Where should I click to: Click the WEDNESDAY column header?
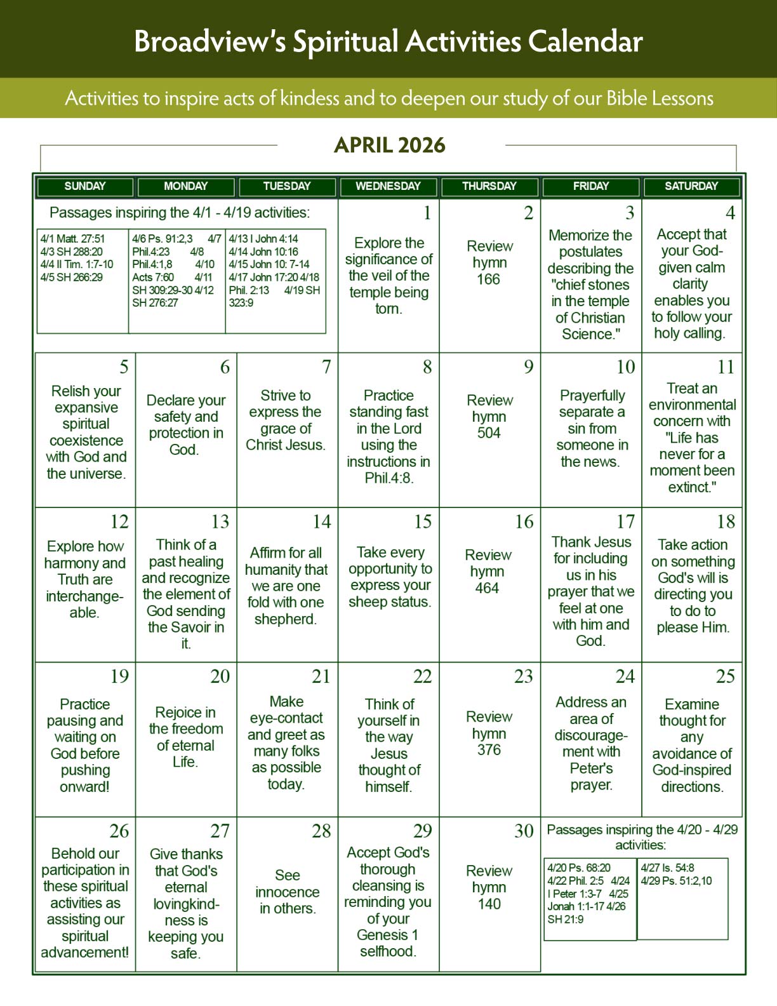(x=388, y=186)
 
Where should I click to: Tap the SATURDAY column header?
(x=691, y=186)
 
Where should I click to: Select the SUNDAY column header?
(x=85, y=186)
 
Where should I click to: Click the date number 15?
(x=423, y=522)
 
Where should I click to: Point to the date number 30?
(x=524, y=831)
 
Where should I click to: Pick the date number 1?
(x=427, y=213)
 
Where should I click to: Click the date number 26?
(x=119, y=831)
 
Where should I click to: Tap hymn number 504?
(x=489, y=433)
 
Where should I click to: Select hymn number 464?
(x=488, y=588)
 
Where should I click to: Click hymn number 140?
(x=489, y=904)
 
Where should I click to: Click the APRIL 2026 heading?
(x=390, y=145)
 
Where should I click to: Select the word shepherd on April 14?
(x=285, y=619)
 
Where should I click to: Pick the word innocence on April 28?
(x=287, y=892)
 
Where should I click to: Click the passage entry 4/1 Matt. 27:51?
(x=73, y=239)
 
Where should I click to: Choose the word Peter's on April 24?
(x=591, y=768)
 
